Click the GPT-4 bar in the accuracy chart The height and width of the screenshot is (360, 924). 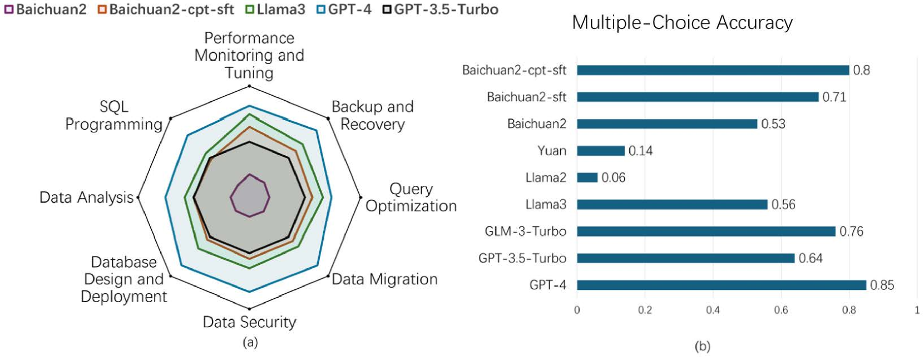[721, 285]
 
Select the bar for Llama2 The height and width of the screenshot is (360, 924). [587, 177]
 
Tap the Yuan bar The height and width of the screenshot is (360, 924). [601, 151]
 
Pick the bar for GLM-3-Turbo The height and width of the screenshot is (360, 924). [706, 231]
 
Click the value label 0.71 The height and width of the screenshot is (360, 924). [834, 97]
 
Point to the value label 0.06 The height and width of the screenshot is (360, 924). [613, 178]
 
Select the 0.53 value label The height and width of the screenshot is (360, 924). [773, 124]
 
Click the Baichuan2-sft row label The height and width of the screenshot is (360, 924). [526, 97]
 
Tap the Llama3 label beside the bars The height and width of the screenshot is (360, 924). [546, 205]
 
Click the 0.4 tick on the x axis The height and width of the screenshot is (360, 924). [713, 310]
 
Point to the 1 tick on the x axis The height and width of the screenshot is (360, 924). [917, 310]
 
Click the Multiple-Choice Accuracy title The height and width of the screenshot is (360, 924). [682, 23]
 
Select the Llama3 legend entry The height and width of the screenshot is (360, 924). [275, 9]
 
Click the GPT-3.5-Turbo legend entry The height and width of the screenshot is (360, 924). [441, 9]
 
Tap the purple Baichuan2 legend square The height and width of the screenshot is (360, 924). [9, 9]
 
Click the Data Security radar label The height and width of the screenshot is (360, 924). [249, 322]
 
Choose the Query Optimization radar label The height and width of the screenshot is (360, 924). [411, 198]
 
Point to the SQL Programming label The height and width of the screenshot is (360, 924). [114, 115]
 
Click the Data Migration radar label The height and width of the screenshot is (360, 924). [384, 279]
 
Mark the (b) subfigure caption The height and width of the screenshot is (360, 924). [702, 347]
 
